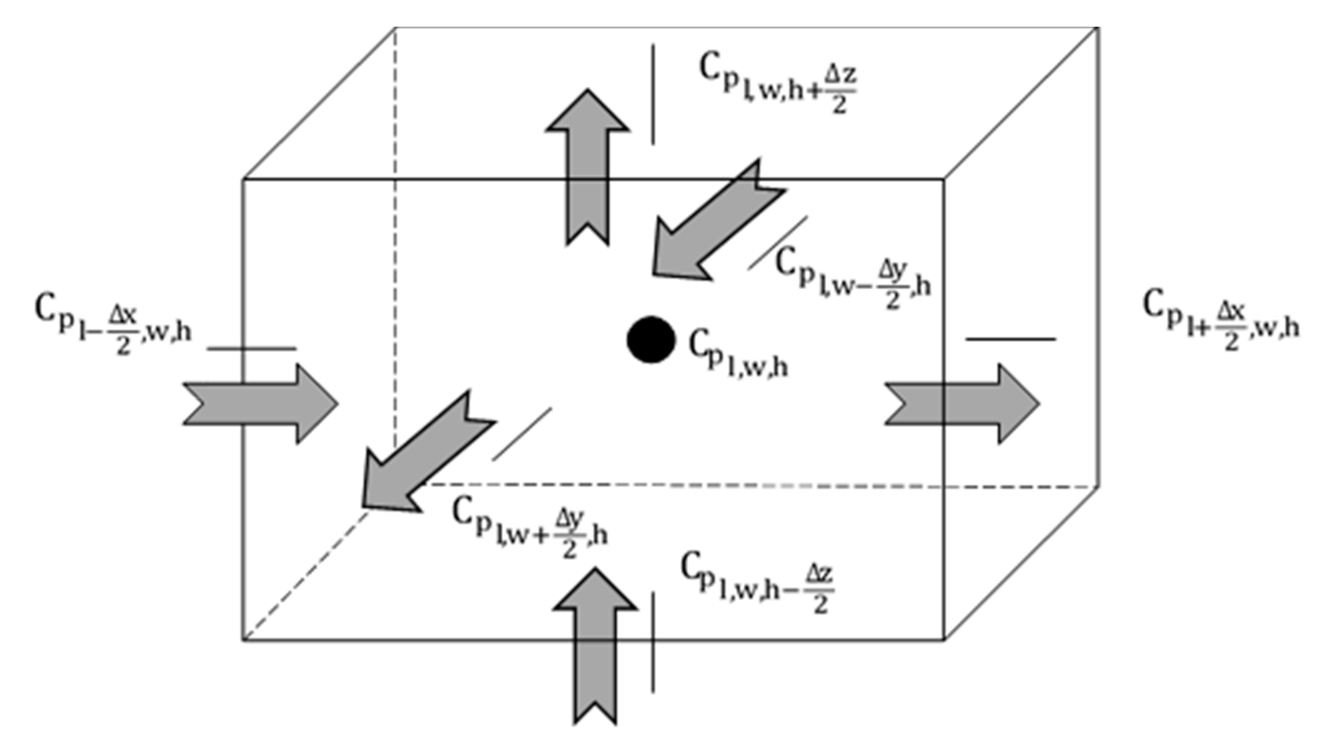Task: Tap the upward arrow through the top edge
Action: (588, 166)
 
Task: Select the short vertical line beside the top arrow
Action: (653, 94)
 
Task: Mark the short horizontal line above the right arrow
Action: (1010, 339)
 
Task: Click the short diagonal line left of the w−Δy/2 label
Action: (778, 243)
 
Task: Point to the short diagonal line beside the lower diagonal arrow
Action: (521, 434)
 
